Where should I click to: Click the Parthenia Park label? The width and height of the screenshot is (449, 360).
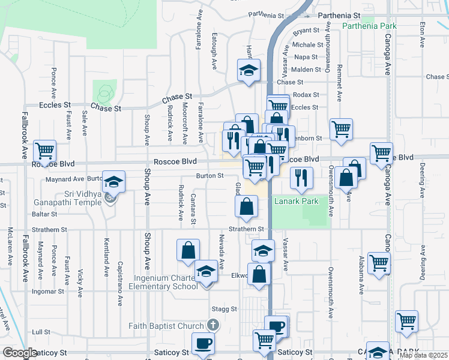click(x=370, y=26)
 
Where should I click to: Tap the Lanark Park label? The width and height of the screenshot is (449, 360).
click(x=296, y=201)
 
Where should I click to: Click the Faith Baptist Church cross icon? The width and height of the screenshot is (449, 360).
click(x=211, y=325)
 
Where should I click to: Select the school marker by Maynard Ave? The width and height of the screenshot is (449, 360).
click(x=113, y=182)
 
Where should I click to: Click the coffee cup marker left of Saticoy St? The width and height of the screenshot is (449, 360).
click(x=203, y=343)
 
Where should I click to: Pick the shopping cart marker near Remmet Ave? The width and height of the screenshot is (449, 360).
click(x=341, y=128)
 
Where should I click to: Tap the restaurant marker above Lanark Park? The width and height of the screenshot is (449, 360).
click(x=301, y=176)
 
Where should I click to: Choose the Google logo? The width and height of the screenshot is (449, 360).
click(x=20, y=353)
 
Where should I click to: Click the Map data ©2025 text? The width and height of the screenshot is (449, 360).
click(x=423, y=355)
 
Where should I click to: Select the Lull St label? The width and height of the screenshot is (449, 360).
click(x=41, y=331)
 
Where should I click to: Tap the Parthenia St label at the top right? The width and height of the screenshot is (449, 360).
click(x=339, y=15)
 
